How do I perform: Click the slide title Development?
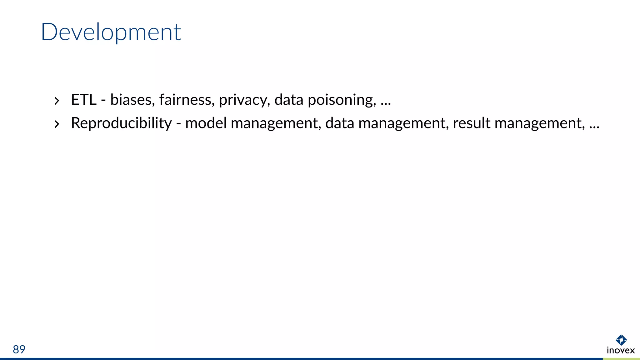point(111,32)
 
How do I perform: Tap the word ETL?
point(84,100)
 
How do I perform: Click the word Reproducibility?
point(121,123)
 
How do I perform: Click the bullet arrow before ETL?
point(57,101)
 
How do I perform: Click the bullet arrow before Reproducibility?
point(57,124)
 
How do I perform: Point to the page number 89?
point(19,349)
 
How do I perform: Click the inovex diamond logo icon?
point(621,340)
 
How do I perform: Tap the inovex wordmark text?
point(621,350)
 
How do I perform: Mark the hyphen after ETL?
point(103,101)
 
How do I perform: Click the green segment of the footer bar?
point(621,359)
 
